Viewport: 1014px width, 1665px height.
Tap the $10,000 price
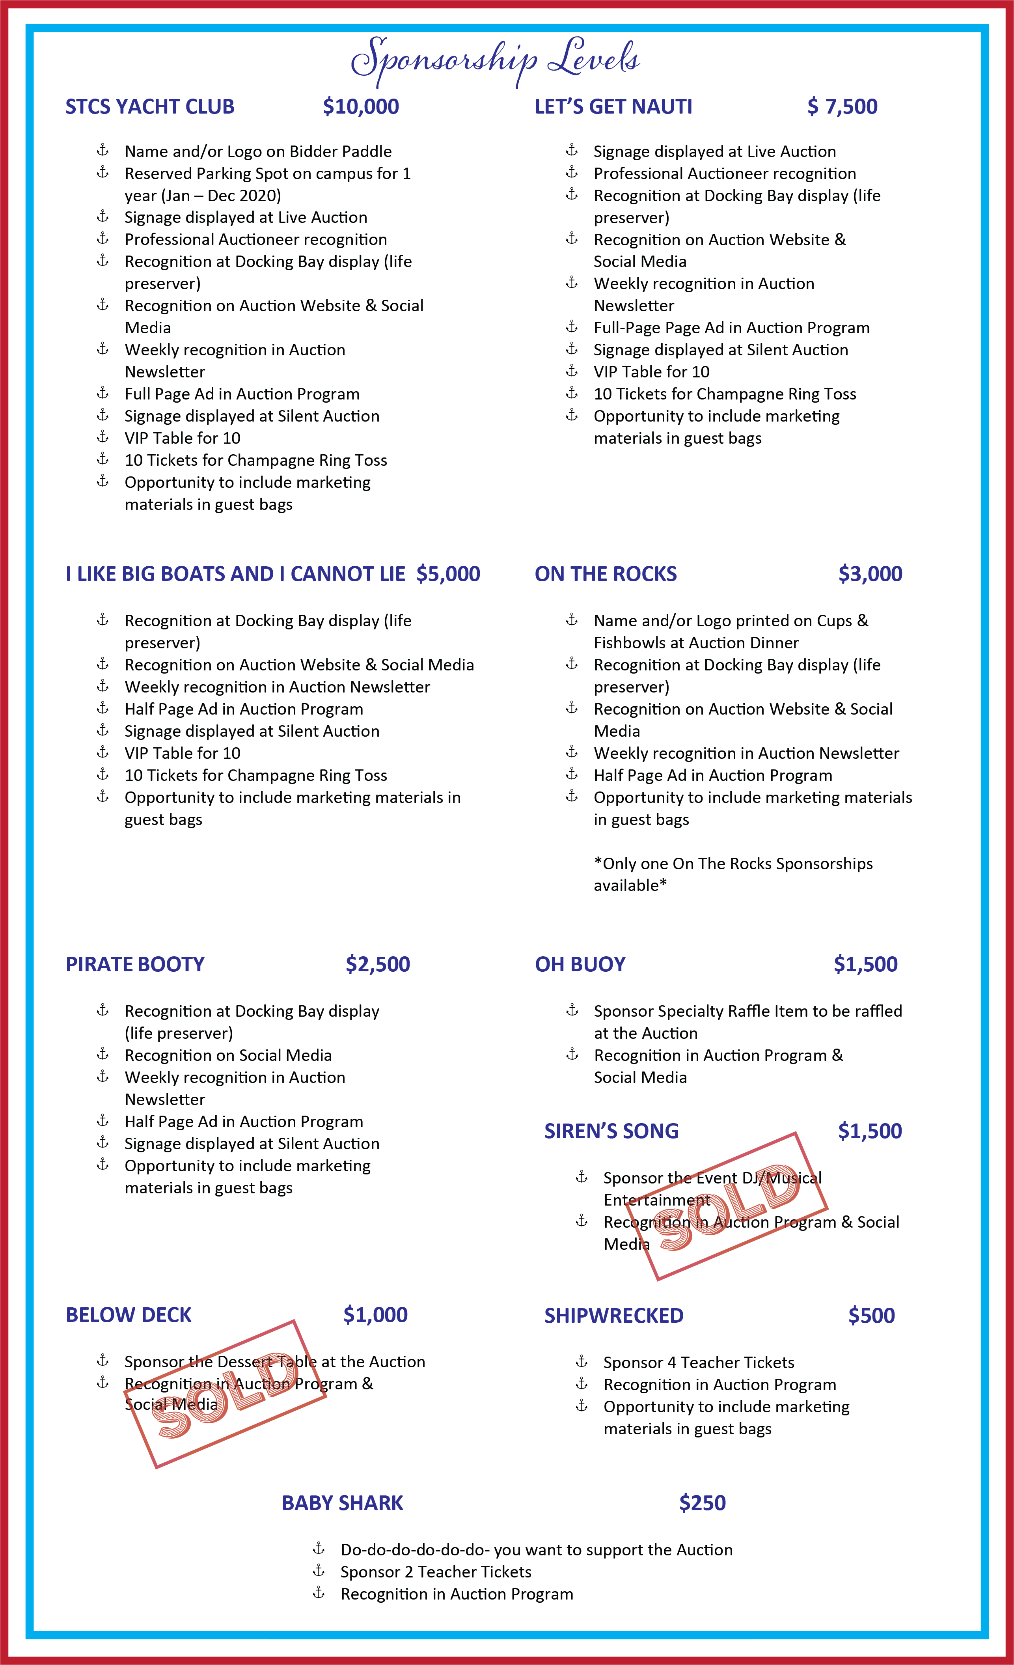361,107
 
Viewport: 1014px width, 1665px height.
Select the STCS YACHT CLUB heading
150,107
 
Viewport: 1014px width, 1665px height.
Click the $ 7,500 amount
843,107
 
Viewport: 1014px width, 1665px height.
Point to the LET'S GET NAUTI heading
613,107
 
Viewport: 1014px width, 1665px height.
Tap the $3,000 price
870,574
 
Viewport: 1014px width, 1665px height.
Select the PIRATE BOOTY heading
135,964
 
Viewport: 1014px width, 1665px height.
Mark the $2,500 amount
378,964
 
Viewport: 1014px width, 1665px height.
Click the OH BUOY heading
580,964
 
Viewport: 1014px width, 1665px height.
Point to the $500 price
871,1316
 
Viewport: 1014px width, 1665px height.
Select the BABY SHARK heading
343,1503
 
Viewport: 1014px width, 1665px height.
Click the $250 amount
703,1503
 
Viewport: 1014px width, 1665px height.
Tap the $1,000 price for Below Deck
376,1315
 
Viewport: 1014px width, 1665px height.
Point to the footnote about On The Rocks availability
733,874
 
